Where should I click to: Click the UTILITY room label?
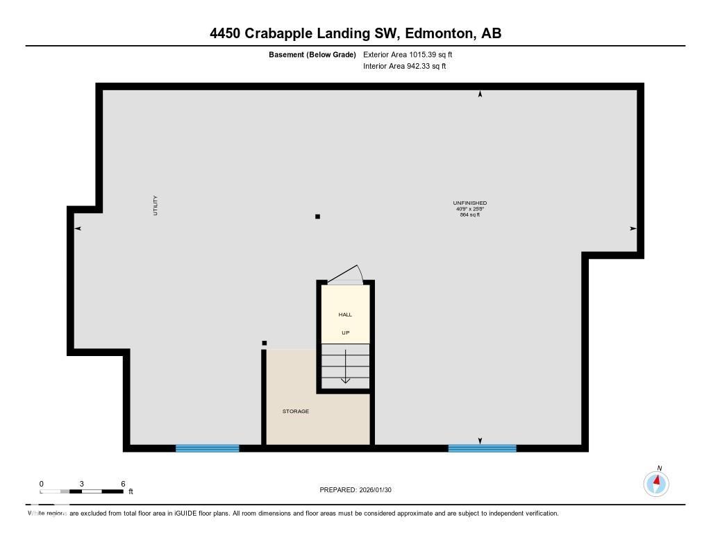pos(156,205)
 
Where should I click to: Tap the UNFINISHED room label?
pos(469,203)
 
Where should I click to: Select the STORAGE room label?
pos(295,412)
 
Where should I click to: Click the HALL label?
pos(345,314)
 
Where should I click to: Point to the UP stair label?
pos(345,332)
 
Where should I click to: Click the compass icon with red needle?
pos(656,482)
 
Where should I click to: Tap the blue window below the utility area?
pos(207,448)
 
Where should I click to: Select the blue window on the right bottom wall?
pos(482,448)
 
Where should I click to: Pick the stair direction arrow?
pos(345,368)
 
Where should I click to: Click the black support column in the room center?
pos(317,217)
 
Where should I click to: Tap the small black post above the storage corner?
pos(264,342)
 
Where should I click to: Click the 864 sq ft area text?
pos(469,215)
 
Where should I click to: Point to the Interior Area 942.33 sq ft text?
pos(404,67)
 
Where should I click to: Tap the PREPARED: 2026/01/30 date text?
pos(355,490)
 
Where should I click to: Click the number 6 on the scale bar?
pos(123,484)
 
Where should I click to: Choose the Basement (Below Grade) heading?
pos(312,54)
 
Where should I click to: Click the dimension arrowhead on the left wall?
pos(78,228)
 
